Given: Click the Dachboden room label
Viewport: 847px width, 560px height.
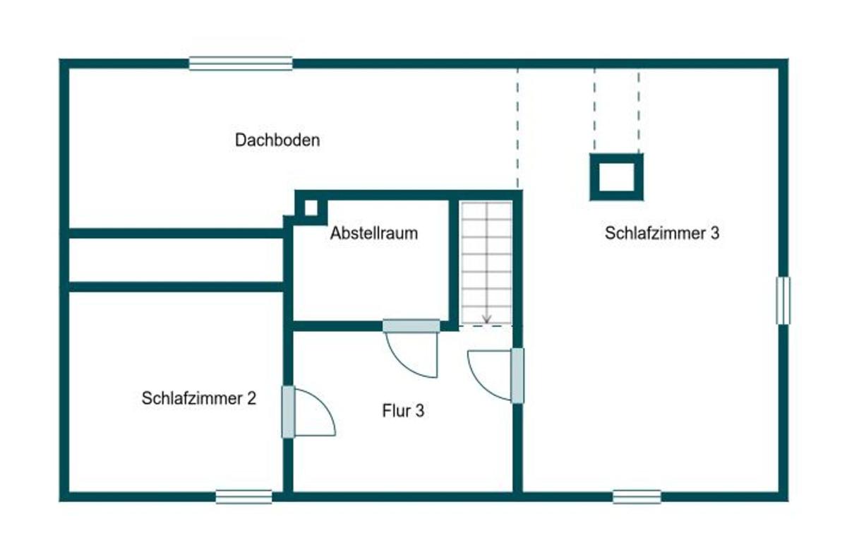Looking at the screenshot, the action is pos(277,140).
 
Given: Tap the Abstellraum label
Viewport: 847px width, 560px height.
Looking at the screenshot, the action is pos(374,233).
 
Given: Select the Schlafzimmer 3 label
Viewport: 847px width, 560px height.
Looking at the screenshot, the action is pos(662,233).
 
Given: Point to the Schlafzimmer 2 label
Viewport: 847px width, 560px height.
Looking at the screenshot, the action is pos(199,398).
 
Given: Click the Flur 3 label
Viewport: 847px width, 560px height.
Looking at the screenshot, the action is pos(403,411).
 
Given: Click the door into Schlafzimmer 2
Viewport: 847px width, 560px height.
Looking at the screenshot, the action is pos(308,412).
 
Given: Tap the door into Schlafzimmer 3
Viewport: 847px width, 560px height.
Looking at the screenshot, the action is pos(495,376).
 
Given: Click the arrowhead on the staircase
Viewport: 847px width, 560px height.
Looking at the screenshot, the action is pos(486,320).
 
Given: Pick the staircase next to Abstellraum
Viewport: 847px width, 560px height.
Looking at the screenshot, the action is pos(486,263).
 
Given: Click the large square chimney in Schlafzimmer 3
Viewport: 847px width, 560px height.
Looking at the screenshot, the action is pos(617,177).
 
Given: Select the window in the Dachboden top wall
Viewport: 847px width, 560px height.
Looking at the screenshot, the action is pos(241,64).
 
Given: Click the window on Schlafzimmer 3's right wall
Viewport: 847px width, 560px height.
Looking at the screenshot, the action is pos(783,300).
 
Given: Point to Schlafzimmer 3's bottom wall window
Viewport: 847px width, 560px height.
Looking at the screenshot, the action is pos(637,497).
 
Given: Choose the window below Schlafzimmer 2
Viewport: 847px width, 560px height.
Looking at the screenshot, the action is pos(244,497).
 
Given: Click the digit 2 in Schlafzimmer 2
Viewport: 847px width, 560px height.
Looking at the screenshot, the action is pos(252,398).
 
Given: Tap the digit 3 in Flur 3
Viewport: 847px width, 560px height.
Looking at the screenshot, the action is pos(420,411).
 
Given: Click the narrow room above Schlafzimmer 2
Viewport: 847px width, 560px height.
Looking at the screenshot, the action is pos(176,260).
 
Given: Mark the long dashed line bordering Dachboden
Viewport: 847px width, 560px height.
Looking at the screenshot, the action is pos(517,129).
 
